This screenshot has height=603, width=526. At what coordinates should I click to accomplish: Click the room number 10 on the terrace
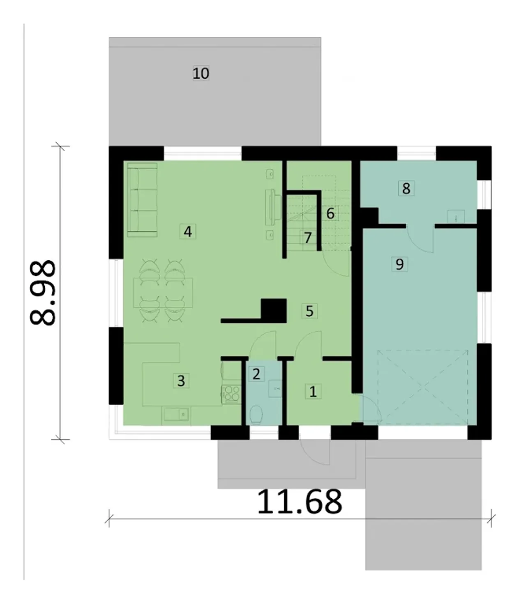tap(201, 73)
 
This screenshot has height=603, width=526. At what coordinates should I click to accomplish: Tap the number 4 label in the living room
tap(188, 232)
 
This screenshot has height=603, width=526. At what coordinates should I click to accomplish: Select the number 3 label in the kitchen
tap(181, 381)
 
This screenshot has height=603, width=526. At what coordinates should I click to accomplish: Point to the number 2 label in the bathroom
tap(256, 374)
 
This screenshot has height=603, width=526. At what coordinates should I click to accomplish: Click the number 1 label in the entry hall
tap(313, 392)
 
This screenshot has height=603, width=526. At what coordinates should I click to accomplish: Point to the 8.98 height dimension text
tap(43, 293)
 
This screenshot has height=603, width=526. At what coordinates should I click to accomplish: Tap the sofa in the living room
tap(142, 200)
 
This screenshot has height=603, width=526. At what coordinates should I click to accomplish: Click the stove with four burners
tap(231, 394)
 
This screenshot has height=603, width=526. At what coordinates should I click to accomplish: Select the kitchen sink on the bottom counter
tap(176, 414)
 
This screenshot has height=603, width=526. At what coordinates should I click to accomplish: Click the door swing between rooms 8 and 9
tap(420, 240)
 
